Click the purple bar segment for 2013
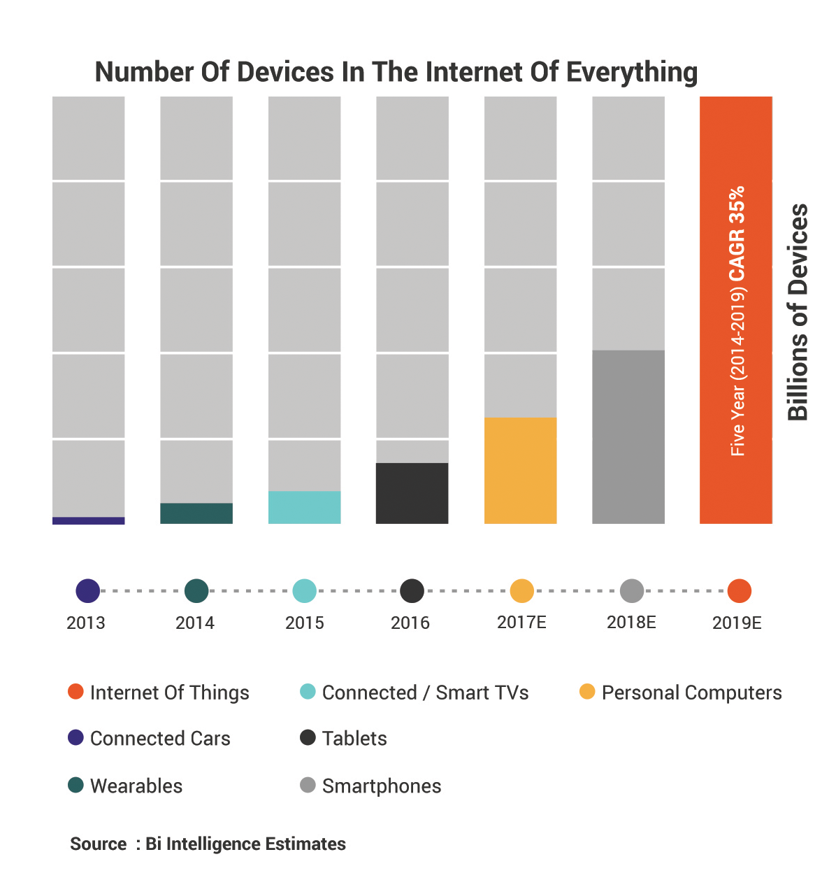click(x=89, y=520)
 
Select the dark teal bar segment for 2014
click(x=196, y=513)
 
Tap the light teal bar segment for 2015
click(x=305, y=507)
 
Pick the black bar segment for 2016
click(x=412, y=493)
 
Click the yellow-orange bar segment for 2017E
click(x=521, y=471)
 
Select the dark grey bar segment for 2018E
click(x=628, y=437)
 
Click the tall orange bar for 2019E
click(x=736, y=310)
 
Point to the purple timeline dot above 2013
click(x=88, y=591)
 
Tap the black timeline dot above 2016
click(x=412, y=591)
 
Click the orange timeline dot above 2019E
click(x=740, y=591)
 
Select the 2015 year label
click(x=305, y=623)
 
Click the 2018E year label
click(x=631, y=622)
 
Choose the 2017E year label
click(x=521, y=622)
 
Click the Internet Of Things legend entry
click(x=169, y=693)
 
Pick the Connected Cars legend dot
click(x=75, y=737)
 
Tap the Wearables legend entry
click(x=136, y=786)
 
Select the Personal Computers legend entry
click(x=691, y=693)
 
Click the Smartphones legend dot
click(x=308, y=785)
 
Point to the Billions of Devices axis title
click(x=798, y=311)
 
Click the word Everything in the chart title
click(x=632, y=73)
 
